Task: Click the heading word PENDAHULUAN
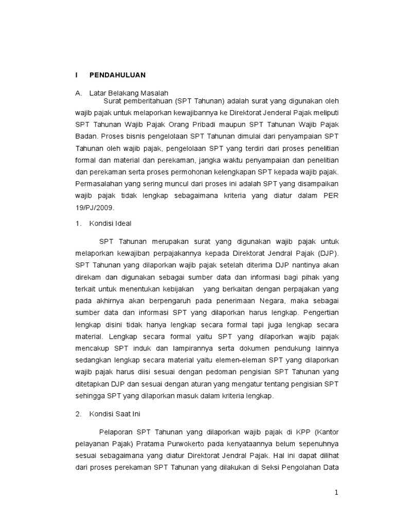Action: click(x=117, y=75)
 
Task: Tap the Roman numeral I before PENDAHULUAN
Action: click(x=77, y=75)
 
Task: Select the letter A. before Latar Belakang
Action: click(x=79, y=93)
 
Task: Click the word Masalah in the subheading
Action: click(x=155, y=93)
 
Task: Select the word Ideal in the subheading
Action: click(x=122, y=224)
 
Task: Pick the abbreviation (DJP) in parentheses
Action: click(x=327, y=253)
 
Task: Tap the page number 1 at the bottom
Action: click(x=336, y=493)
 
